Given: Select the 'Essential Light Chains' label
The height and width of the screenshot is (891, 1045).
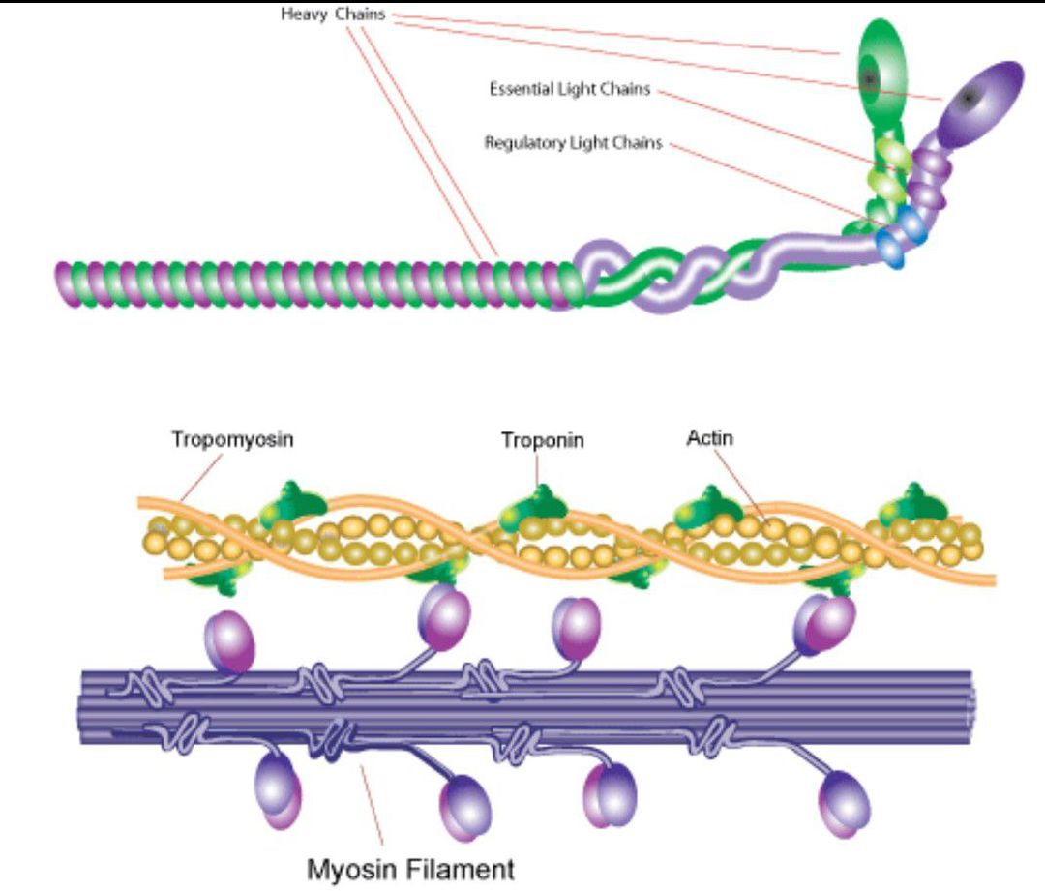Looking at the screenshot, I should pos(569,90).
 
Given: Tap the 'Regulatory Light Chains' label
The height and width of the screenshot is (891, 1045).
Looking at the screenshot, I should pos(573,143).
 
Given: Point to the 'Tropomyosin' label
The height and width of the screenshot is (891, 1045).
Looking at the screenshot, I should pos(233,439).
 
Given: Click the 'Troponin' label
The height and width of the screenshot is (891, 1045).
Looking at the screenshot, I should pos(543,441).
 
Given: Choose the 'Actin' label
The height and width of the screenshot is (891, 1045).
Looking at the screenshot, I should pos(709,438).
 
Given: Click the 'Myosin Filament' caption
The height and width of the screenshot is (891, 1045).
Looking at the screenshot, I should pos(411,869).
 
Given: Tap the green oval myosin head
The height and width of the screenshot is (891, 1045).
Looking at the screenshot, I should pos(881,69).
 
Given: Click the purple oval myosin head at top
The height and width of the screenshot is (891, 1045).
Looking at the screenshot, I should pos(979,102).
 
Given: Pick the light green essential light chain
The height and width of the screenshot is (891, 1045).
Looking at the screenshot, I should pos(891,164).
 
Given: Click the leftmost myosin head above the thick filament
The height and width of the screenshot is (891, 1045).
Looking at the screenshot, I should pos(228,640).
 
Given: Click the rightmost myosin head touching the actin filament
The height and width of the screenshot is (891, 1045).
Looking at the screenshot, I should pos(824,625).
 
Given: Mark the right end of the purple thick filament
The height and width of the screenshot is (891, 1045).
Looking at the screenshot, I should pos(968,707).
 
